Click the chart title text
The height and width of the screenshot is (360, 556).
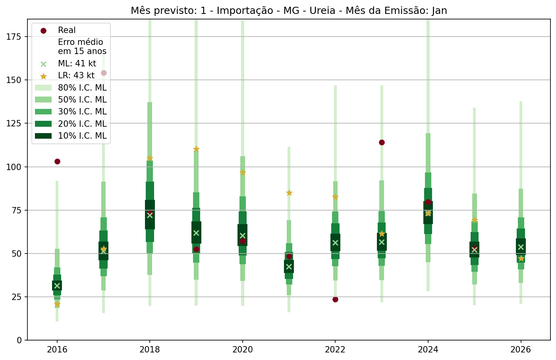pyautogui.click(x=289, y=11)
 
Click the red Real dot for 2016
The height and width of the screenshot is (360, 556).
pyautogui.click(x=57, y=161)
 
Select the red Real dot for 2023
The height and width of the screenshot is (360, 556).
pyautogui.click(x=382, y=142)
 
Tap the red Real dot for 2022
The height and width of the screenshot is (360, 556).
pyautogui.click(x=335, y=299)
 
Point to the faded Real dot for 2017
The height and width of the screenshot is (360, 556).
pyautogui.click(x=104, y=73)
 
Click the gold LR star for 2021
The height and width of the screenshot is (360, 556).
pyautogui.click(x=289, y=193)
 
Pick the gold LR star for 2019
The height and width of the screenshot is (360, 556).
pyautogui.click(x=196, y=149)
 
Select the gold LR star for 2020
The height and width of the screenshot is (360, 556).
pyautogui.click(x=243, y=172)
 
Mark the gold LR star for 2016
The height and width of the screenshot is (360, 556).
pyautogui.click(x=57, y=304)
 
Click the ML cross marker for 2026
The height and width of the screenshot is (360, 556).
pyautogui.click(x=521, y=247)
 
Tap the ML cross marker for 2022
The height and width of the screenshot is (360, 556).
pyautogui.click(x=335, y=243)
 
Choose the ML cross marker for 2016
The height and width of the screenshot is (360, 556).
pyautogui.click(x=57, y=286)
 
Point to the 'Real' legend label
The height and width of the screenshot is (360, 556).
pyautogui.click(x=67, y=30)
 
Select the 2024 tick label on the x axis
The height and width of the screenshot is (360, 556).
pyautogui.click(x=428, y=350)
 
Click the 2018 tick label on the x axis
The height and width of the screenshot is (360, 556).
pyautogui.click(x=150, y=350)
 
